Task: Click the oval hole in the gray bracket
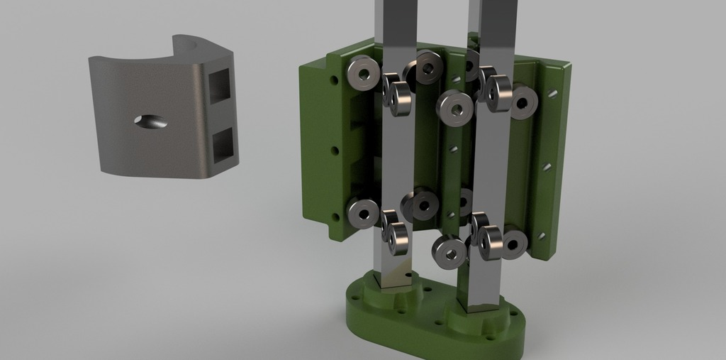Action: [x=152, y=121]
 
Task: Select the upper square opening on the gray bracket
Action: [x=223, y=87]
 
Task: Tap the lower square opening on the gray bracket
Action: [x=224, y=144]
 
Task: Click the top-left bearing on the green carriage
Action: [x=363, y=73]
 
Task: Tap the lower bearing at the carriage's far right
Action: [x=513, y=243]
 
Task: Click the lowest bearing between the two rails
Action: [x=449, y=251]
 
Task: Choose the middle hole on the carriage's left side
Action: [x=335, y=151]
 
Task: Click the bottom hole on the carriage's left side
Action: [x=335, y=217]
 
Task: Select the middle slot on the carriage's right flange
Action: [x=547, y=167]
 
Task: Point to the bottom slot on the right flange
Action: [x=541, y=235]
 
